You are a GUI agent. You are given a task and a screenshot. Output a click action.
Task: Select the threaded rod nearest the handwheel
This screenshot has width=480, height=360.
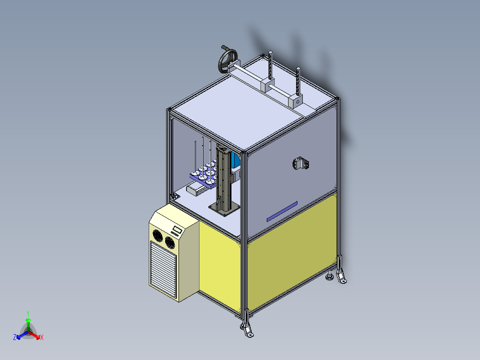pyautogui.click(x=270, y=67)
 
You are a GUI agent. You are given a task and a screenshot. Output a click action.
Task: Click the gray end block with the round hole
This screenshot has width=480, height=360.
pyautogui.click(x=295, y=101)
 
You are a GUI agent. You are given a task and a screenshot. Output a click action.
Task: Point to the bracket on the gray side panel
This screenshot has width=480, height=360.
pyautogui.click(x=301, y=164)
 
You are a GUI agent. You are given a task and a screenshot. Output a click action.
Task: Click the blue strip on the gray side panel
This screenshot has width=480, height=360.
pyautogui.click(x=282, y=212)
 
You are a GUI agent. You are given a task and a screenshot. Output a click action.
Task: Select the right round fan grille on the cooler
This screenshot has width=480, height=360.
pyautogui.click(x=169, y=241)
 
